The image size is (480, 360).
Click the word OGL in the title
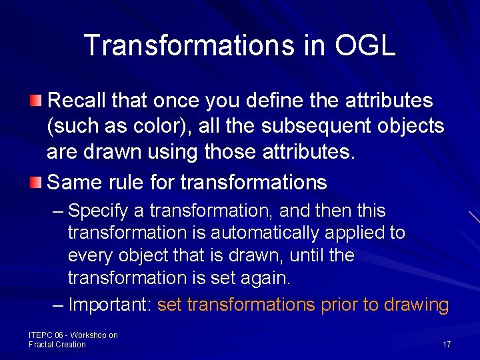pyautogui.click(x=365, y=45)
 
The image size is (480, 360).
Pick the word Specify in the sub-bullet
pyautogui.click(x=98, y=211)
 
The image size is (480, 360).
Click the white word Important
pyautogui.click(x=110, y=305)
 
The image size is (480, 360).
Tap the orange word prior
pyautogui.click(x=339, y=305)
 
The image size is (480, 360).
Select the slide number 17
pyautogui.click(x=447, y=345)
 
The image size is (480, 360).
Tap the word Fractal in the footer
pyautogui.click(x=42, y=345)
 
